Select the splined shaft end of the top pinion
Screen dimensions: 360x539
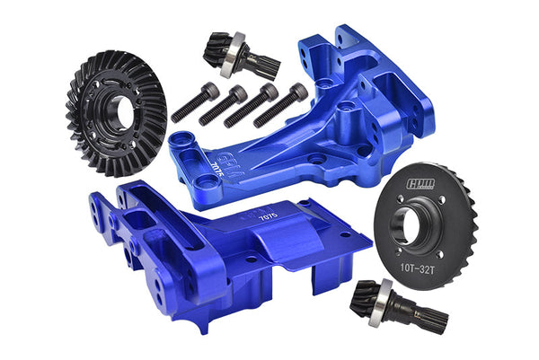click(264, 65)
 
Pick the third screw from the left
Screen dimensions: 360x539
click(251, 104)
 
